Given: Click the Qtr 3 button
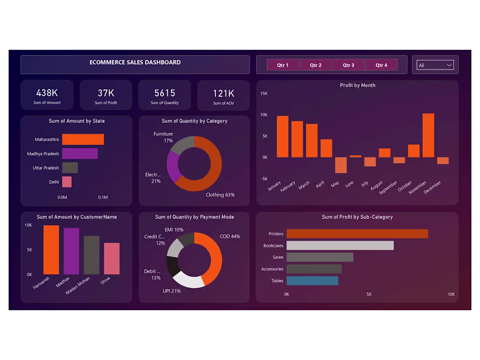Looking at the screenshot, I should click(x=348, y=65).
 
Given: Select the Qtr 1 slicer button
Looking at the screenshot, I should click(x=283, y=65).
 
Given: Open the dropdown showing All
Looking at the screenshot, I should click(x=435, y=65).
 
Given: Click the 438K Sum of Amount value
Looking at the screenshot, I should click(x=47, y=93).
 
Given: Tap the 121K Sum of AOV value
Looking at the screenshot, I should click(x=223, y=93).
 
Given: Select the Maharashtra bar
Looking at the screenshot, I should click(x=83, y=139).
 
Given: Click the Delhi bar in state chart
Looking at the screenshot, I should click(x=67, y=182).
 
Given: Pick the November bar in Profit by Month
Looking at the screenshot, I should click(x=428, y=135).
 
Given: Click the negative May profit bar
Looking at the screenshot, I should click(x=341, y=165).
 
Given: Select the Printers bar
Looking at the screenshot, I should click(x=357, y=234).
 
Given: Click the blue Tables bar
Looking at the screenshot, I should click(x=312, y=281).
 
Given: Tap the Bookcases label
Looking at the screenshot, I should click(x=273, y=246).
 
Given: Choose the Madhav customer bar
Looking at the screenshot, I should click(x=71, y=251).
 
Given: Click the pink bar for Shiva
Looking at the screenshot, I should click(x=112, y=258).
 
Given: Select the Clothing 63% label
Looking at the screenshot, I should click(x=220, y=195).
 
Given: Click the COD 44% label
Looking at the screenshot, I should click(x=230, y=237).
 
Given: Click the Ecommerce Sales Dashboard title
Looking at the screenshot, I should click(x=135, y=62).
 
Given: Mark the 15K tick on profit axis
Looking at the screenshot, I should click(x=264, y=93).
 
